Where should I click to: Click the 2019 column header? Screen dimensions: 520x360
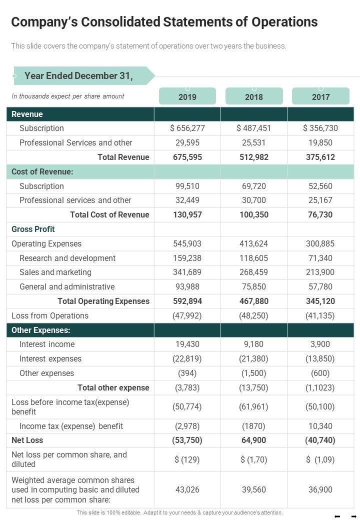point(187,96)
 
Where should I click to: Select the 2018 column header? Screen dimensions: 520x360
point(254,96)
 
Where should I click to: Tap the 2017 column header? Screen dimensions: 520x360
point(320,96)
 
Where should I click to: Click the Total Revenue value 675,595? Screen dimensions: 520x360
point(187,157)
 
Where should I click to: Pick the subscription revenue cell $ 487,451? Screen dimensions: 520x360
point(254,128)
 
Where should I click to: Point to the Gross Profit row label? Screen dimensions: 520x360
point(33,229)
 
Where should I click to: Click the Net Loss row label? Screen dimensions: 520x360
point(27,440)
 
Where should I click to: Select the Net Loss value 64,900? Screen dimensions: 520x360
point(254,440)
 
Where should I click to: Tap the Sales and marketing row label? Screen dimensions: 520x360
point(55,272)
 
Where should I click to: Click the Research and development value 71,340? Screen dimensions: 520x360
point(320,258)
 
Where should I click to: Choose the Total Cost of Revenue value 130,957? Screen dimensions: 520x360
point(187,214)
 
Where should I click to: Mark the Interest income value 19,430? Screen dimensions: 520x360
point(187,344)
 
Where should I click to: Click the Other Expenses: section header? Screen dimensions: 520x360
point(41,330)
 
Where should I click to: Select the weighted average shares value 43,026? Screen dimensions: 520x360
point(187,489)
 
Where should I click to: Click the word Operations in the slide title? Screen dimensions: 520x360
point(284,22)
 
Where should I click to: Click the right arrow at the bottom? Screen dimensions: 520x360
point(353,516)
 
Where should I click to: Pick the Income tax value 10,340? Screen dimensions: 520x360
point(320,426)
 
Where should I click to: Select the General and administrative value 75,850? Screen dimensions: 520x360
point(254,286)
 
